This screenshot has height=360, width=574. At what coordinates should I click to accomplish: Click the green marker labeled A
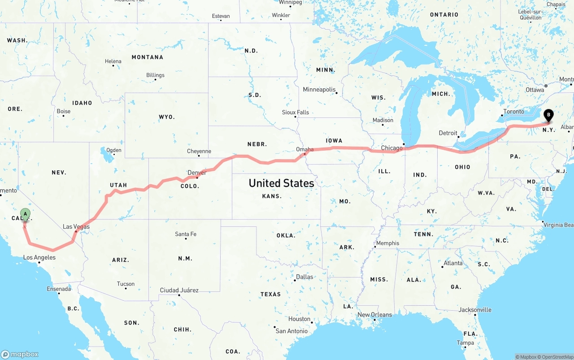pos(25,214)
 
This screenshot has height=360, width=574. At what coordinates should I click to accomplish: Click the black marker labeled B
pos(548,115)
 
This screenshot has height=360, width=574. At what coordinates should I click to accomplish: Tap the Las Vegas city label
pos(76,227)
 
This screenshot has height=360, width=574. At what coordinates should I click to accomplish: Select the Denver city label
pos(197,173)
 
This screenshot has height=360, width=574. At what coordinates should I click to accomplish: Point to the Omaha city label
pos(305,149)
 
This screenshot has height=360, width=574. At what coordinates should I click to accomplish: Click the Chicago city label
pos(392,148)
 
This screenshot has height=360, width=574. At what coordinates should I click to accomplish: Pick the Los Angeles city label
pos(39,257)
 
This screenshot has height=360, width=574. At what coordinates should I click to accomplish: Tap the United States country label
pos(281,183)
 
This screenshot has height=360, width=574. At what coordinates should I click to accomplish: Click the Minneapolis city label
pos(319,90)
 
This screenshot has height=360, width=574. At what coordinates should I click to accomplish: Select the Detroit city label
pos(448,133)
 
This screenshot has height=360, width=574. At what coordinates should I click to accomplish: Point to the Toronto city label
pos(513,112)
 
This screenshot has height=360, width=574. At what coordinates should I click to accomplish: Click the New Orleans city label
pos(374,315)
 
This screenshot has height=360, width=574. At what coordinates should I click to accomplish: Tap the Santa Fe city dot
pos(186,239)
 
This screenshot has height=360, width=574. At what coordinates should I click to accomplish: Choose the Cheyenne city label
pos(199,152)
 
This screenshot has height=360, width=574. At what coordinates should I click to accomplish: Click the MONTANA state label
pos(147,57)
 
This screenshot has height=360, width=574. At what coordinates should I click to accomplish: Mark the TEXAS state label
pos(270,294)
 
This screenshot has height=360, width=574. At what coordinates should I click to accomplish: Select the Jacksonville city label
pos(475,310)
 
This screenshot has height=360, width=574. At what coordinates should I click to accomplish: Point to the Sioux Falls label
pos(295,112)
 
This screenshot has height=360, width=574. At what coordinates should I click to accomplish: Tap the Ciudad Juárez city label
pos(179,290)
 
